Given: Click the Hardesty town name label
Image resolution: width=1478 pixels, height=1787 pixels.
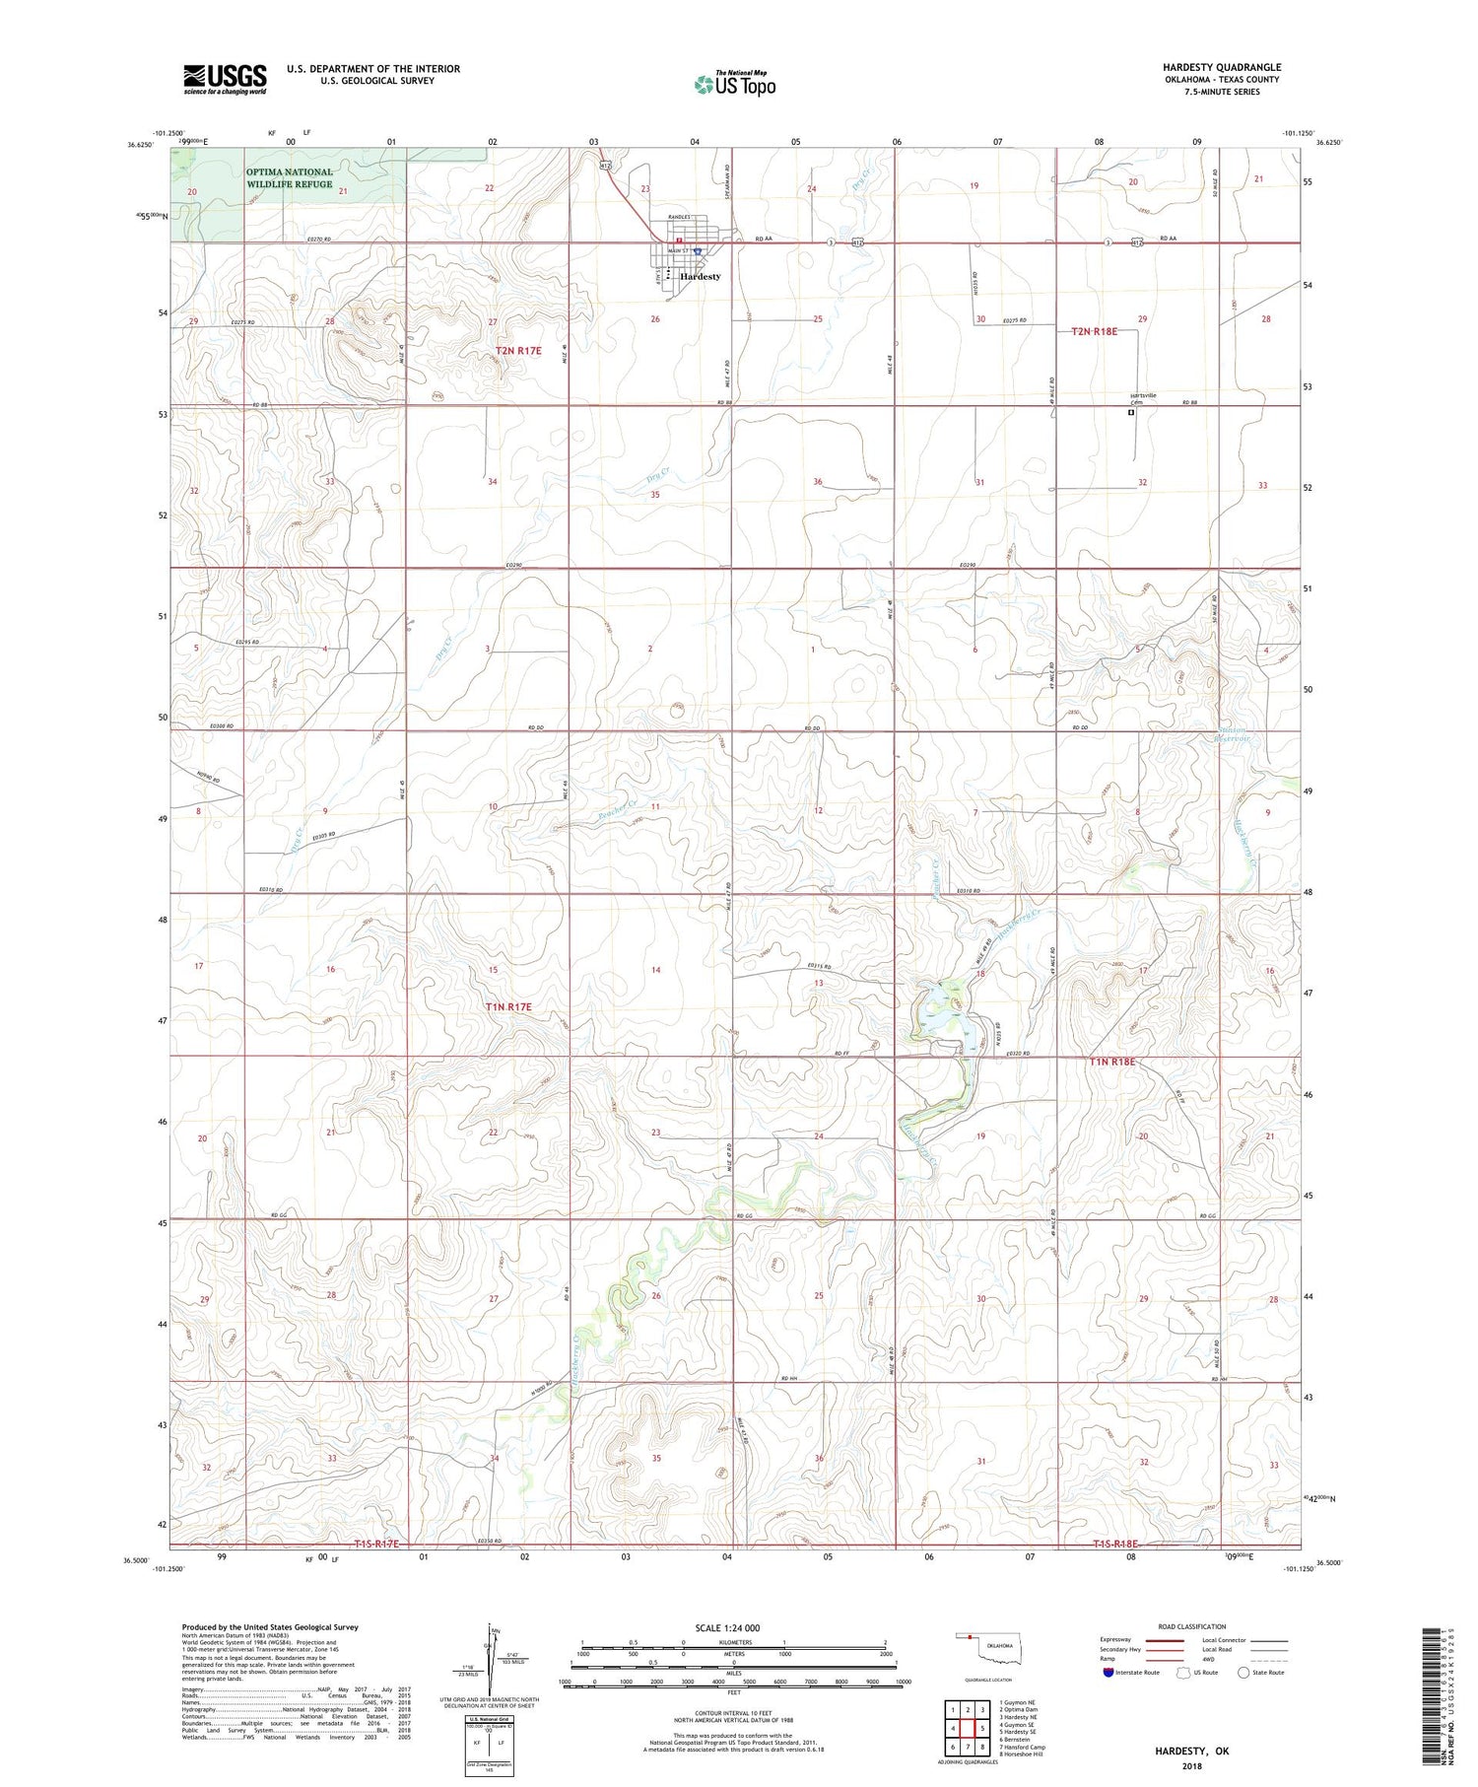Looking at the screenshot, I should point(700,277).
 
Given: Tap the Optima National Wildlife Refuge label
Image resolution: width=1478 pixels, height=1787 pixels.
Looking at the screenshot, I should point(290,177).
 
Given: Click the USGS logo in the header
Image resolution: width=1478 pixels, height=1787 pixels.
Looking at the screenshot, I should point(225,79).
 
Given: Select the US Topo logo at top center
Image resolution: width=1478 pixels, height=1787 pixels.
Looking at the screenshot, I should point(735,85).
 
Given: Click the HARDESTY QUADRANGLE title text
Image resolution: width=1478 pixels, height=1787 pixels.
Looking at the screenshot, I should point(1221,67).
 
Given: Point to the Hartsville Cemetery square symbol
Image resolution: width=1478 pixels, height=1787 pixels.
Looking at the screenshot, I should point(1131,413).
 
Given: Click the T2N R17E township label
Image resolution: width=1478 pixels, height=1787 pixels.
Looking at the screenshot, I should point(517,351).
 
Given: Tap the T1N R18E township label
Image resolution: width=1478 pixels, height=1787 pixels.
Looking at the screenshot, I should point(1112,1062).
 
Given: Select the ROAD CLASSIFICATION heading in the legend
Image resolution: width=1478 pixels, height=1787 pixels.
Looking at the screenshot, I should point(1192,1626).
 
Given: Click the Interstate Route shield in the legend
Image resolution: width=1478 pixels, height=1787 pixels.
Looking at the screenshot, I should point(1108,1672).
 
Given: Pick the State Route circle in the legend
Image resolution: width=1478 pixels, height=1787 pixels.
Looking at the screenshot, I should point(1243,1672).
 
